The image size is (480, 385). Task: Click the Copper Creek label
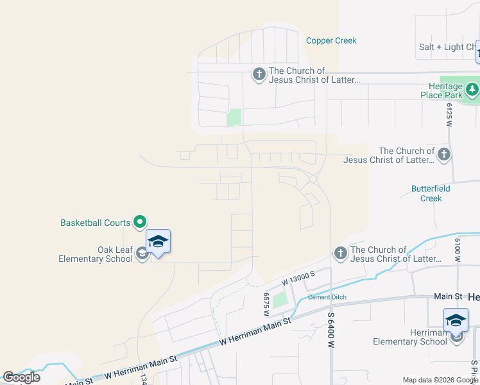331,40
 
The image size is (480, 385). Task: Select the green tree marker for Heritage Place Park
473,89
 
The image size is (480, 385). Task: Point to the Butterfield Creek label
431,193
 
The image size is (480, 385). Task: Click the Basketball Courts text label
95,223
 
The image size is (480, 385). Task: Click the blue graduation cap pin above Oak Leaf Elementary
158,242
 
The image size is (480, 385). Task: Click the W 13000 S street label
298,278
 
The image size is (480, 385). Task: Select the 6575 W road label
265,304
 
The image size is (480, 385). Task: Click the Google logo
21,377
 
